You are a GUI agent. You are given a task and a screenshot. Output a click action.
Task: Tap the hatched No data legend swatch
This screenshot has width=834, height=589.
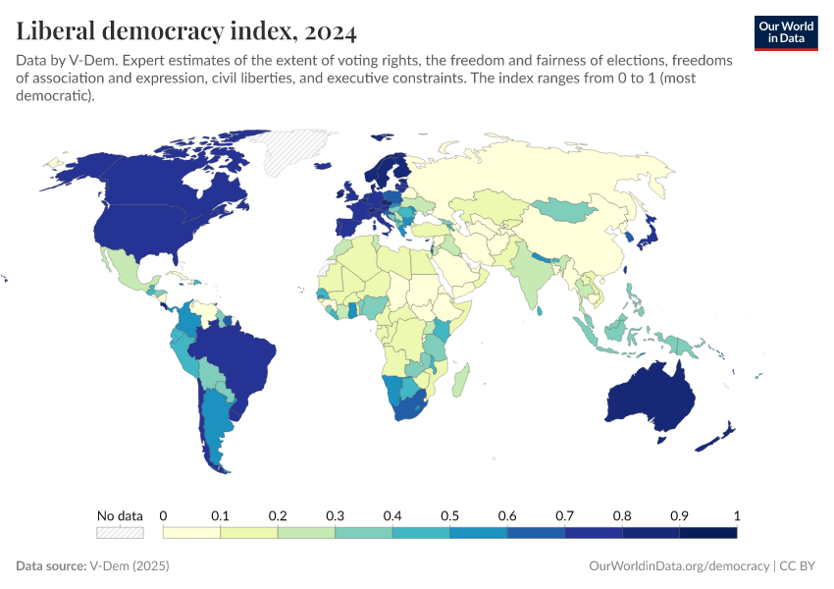pos(120,533)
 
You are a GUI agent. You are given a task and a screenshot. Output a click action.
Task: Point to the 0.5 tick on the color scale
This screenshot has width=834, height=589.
pos(449,515)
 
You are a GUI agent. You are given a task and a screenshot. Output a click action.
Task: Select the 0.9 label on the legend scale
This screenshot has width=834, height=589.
pos(679,515)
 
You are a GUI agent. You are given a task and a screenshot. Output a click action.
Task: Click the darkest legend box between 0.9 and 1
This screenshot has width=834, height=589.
pos(707,533)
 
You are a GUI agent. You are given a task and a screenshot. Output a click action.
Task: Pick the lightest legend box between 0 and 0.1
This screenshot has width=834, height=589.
pos(191,533)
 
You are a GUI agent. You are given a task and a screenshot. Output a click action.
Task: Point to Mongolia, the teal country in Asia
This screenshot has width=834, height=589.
pos(567,209)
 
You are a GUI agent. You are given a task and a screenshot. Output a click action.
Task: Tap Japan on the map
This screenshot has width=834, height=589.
pos(647,234)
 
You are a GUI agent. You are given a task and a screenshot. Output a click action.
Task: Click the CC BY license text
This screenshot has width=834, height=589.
pos(800,566)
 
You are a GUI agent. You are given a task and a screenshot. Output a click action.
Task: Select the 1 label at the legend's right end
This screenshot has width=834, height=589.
pos(736,515)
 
